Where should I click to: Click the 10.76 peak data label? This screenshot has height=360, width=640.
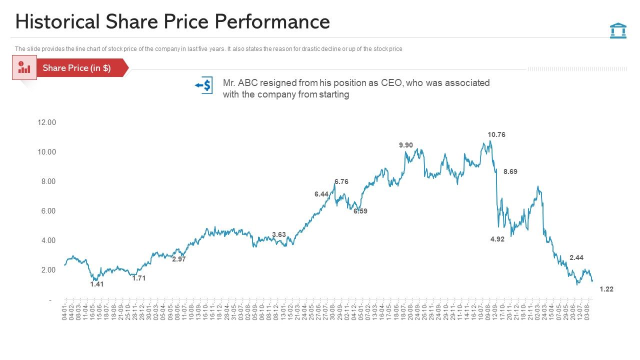click(x=496, y=134)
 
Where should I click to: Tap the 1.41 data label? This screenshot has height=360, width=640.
click(x=96, y=284)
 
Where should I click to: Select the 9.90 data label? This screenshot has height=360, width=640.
click(x=405, y=145)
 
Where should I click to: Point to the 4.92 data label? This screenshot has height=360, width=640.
click(x=497, y=239)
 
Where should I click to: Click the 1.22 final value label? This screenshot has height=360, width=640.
click(x=606, y=289)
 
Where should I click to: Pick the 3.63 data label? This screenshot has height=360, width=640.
click(x=278, y=234)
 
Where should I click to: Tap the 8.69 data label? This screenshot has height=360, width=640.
click(x=510, y=171)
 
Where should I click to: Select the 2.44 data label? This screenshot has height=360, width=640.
click(x=576, y=257)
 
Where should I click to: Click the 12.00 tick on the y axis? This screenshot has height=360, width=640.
click(x=47, y=122)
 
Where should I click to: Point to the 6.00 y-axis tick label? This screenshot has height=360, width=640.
click(x=48, y=211)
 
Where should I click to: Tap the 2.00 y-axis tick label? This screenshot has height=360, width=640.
click(x=48, y=270)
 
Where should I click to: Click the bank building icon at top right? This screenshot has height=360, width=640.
click(x=618, y=30)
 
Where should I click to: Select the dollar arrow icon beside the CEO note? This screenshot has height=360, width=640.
click(x=204, y=85)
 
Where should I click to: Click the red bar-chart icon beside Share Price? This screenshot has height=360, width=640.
click(x=24, y=68)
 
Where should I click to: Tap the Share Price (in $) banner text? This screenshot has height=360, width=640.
click(x=76, y=68)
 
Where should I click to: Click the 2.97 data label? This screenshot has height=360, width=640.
click(x=178, y=259)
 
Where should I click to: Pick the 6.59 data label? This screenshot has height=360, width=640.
click(x=360, y=211)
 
